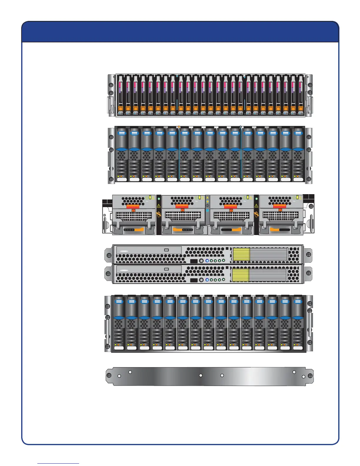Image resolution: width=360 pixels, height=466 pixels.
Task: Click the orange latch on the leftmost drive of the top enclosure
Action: tap(120, 109)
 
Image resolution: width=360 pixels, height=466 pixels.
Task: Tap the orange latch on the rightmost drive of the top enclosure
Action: tap(301, 109)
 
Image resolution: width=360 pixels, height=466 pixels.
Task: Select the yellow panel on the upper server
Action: tap(241, 254)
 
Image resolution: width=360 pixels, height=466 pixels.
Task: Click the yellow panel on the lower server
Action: tap(241, 275)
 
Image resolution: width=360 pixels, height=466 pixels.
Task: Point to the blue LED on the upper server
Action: tap(207, 261)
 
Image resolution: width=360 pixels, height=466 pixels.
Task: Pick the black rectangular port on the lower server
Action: tap(194, 280)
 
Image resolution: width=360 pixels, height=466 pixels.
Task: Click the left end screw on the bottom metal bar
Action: tap(109, 376)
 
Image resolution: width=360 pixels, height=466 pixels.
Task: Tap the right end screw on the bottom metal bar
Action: tap(310, 376)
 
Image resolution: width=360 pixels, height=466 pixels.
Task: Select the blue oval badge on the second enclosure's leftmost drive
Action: tap(122, 133)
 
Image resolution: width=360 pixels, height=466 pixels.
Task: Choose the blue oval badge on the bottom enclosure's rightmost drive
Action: tap(298, 302)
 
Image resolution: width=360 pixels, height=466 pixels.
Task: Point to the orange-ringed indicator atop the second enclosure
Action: tap(179, 127)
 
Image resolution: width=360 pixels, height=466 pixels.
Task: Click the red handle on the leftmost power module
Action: tap(133, 207)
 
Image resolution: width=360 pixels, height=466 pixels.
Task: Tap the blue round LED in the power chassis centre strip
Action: tap(208, 211)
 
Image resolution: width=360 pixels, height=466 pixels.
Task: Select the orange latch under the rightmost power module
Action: tap(275, 229)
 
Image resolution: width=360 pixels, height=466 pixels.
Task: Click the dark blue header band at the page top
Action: tap(180, 32)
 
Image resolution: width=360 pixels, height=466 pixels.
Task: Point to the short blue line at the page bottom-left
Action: tap(58, 464)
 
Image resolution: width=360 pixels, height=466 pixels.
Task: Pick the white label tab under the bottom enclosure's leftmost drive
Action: tap(119, 348)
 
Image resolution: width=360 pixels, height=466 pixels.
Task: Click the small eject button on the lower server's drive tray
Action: tap(166, 269)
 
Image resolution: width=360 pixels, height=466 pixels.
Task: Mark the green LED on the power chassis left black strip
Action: tap(159, 199)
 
